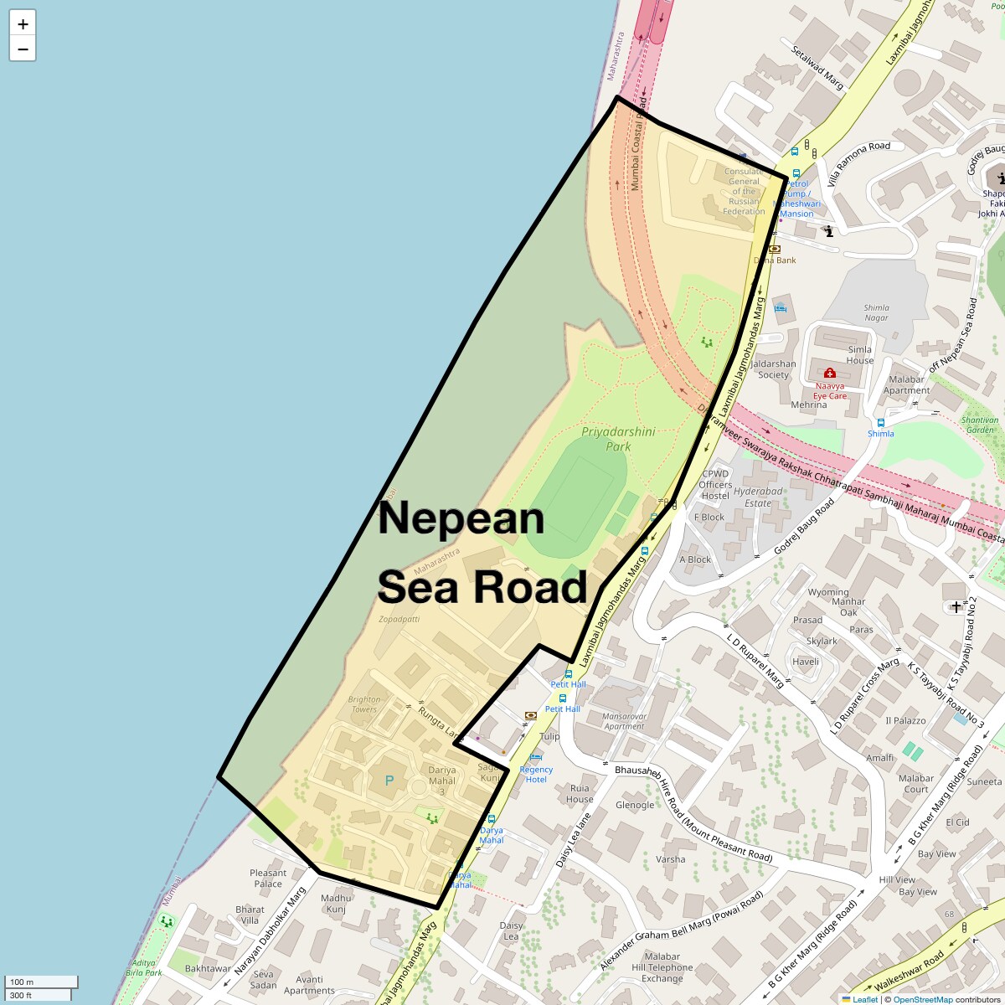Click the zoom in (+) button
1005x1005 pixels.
click(x=23, y=24)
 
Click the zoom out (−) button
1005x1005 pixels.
click(x=23, y=49)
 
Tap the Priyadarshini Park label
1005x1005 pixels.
click(x=618, y=439)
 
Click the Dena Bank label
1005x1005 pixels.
click(x=775, y=260)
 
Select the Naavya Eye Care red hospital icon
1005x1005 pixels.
click(x=829, y=373)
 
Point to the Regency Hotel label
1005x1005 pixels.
click(x=536, y=774)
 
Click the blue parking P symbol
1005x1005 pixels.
click(x=389, y=781)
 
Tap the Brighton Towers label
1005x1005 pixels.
click(x=364, y=704)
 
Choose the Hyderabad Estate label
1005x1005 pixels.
click(x=758, y=497)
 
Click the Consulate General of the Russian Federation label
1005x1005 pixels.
click(x=744, y=191)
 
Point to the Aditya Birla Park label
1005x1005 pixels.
click(x=144, y=968)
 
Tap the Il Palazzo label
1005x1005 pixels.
click(x=905, y=720)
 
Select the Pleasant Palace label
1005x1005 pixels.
click(x=268, y=878)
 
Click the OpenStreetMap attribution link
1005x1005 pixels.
click(x=923, y=999)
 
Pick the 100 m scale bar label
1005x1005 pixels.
click(x=23, y=982)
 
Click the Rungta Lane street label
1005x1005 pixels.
click(x=439, y=722)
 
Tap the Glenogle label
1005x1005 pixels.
click(x=635, y=805)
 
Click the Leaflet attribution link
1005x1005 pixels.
click(x=864, y=999)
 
